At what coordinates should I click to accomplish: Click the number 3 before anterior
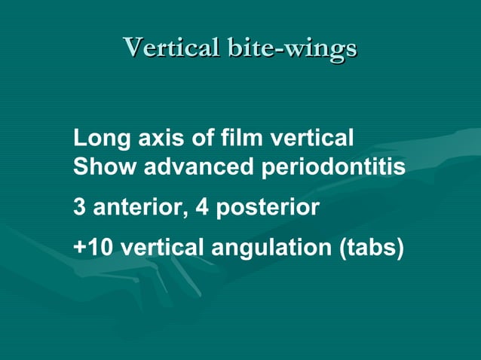click(x=79, y=207)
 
